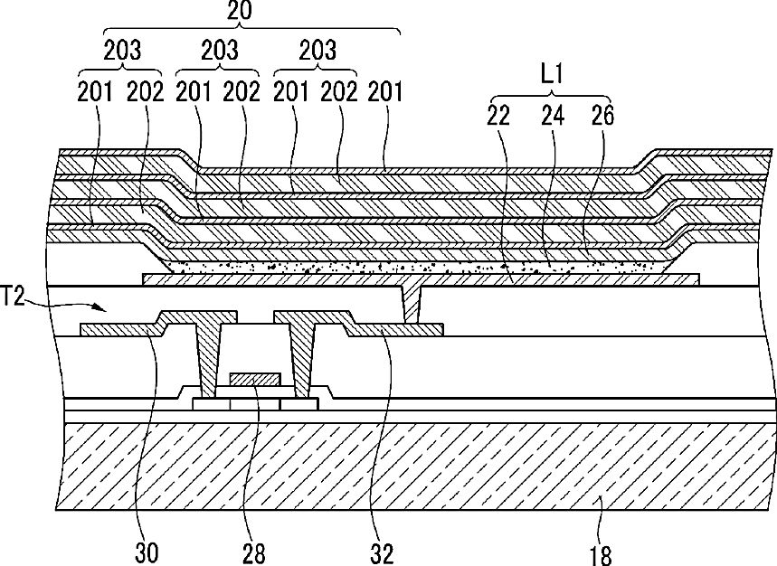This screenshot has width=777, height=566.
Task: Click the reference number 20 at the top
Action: (x=240, y=12)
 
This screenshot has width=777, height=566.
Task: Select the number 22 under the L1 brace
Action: (x=497, y=115)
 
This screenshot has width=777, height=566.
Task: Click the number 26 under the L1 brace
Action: (x=602, y=115)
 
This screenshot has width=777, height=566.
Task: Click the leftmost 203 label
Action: (x=121, y=51)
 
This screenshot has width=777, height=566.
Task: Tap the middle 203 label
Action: (x=218, y=51)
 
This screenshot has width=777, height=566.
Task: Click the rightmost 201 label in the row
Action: (x=384, y=90)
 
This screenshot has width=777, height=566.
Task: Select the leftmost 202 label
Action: (x=145, y=90)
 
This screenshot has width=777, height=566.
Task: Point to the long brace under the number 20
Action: (x=240, y=30)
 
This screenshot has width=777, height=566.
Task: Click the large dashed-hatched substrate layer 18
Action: (x=407, y=461)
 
